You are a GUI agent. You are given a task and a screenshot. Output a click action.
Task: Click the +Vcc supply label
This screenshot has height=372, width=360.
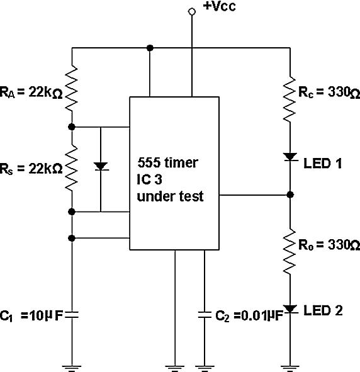pos(220,6)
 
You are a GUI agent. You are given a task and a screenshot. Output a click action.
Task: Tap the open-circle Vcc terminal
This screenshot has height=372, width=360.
pos(192,11)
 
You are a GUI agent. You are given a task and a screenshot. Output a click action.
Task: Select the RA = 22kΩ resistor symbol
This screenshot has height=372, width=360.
pos(71,89)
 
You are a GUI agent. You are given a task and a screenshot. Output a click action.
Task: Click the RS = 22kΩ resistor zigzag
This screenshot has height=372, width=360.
pos(71,167)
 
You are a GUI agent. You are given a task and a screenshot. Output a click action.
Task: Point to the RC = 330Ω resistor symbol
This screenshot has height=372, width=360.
pos(290,99)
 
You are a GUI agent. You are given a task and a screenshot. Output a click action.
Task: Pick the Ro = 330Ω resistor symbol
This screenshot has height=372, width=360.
pos(290,252)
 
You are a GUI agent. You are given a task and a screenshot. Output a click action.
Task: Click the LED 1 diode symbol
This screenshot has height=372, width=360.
pos(290,157)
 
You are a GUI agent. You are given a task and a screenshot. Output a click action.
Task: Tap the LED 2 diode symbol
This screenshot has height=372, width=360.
pos(290,309)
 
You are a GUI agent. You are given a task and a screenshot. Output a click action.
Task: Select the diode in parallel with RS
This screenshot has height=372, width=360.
pos(101,166)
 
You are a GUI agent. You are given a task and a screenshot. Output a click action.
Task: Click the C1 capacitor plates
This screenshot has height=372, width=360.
pos(72,315)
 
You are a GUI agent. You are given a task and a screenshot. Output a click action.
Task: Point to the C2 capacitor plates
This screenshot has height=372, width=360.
pos(205,315)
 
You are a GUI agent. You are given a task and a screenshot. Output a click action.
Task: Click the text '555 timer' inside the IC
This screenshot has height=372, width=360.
pos(167,163)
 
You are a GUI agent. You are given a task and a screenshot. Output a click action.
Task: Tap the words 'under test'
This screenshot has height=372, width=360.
pos(170,196)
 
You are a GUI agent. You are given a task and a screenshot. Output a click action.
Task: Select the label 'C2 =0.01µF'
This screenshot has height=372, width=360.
pos(249,316)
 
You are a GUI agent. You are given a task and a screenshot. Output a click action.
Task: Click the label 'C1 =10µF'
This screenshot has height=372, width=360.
pos(31,316)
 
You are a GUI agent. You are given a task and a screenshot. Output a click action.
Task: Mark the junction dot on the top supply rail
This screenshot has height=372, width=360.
pos(150,48)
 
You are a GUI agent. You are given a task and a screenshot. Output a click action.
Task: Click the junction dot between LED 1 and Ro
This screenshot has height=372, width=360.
pos(290,194)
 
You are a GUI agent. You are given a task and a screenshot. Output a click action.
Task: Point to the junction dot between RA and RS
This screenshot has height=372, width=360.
pos(72,127)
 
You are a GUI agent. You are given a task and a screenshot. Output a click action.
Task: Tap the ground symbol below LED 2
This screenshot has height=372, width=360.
pos(290,368)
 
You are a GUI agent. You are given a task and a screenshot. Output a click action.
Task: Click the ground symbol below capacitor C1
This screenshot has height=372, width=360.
pos(72,368)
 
